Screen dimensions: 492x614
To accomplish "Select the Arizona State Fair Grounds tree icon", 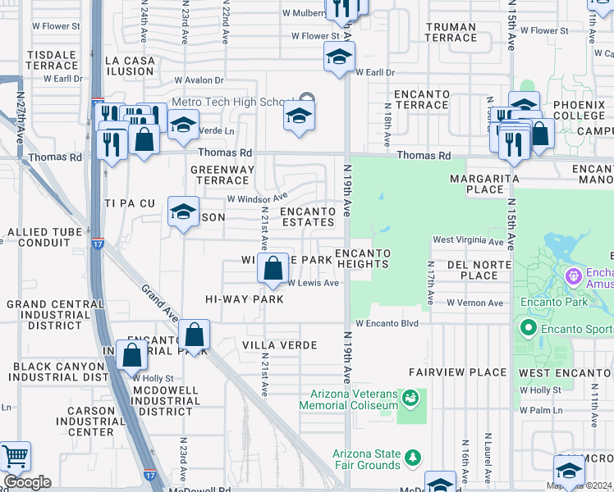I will [415, 456].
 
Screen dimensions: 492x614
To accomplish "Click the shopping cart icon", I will [14, 456].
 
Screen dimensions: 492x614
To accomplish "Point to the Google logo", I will [27, 482].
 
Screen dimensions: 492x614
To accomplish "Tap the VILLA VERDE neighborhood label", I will [280, 345].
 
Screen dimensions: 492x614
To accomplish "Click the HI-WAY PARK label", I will [244, 300].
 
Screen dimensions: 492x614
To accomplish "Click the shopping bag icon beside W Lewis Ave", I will [272, 267].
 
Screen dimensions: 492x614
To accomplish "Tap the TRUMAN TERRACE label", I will [451, 33].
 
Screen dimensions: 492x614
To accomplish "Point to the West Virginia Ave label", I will [468, 242].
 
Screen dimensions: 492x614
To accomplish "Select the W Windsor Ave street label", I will [257, 198].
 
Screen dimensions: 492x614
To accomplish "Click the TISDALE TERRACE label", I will [52, 60].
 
